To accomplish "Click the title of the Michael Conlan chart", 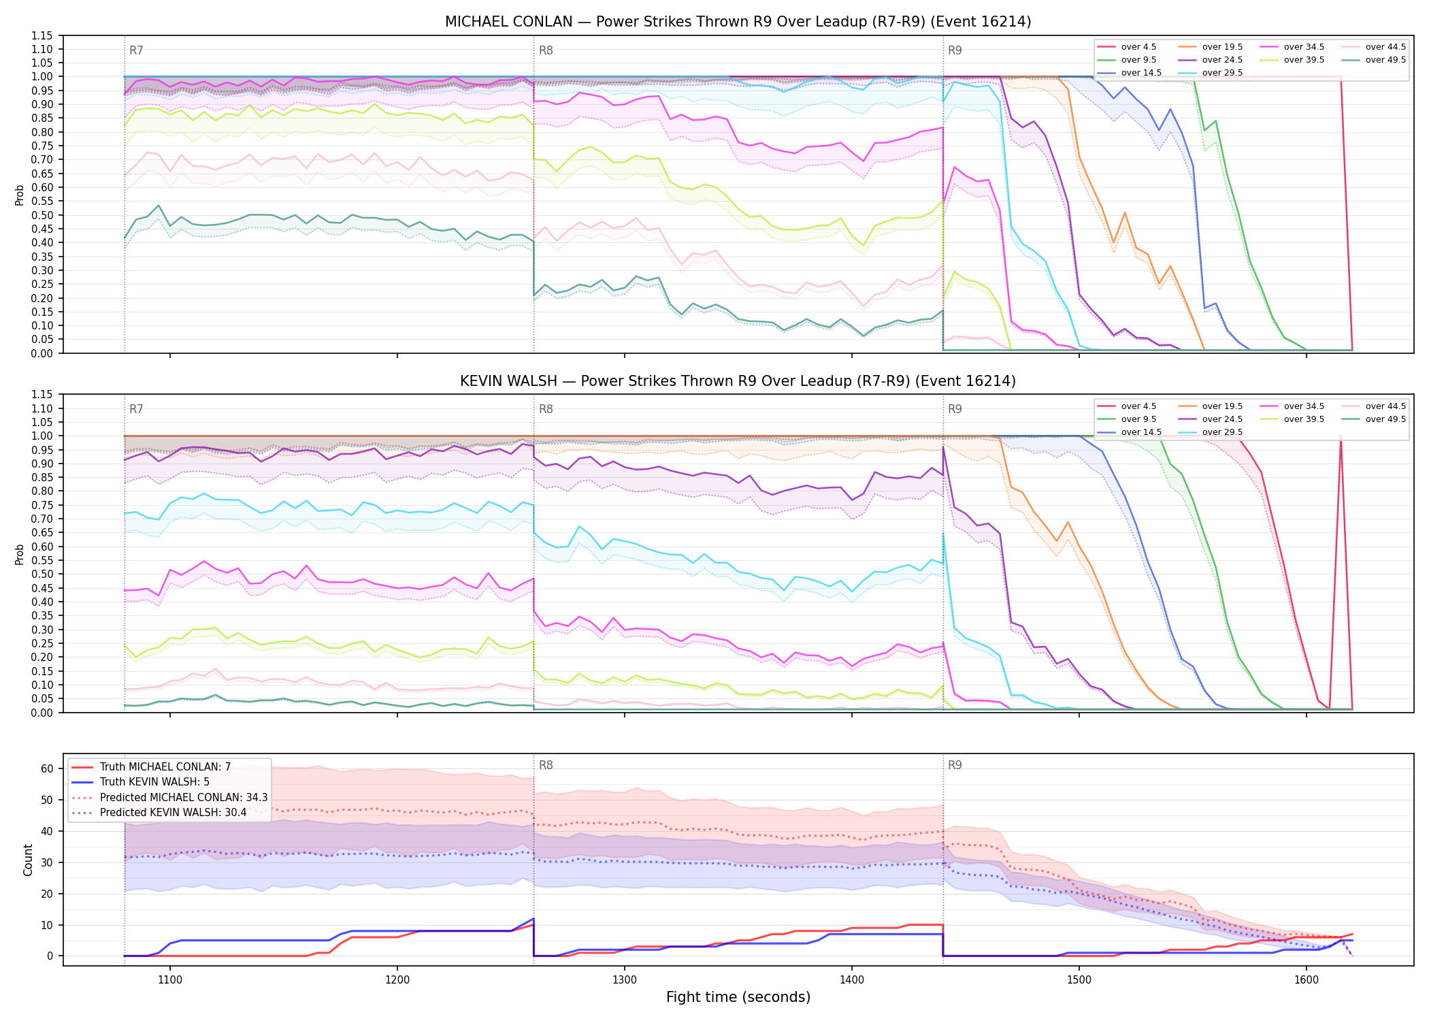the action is tap(738, 22).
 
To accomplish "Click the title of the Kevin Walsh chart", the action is tap(738, 381).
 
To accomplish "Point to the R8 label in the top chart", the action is tap(546, 50).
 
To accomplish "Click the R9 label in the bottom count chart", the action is tap(955, 765).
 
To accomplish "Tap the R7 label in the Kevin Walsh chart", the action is tap(136, 409).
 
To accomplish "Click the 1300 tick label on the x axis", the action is tap(625, 980).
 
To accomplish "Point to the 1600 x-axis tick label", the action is tap(1306, 980).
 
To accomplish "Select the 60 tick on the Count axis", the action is tap(47, 769).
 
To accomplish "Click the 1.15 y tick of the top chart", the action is tap(42, 35).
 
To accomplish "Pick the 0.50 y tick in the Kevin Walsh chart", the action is tap(42, 574).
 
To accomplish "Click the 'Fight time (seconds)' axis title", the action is tap(738, 997).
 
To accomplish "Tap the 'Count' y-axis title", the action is tap(28, 860).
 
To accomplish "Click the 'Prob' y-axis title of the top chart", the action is tap(20, 195).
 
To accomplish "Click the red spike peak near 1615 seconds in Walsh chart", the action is tap(1341, 436).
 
